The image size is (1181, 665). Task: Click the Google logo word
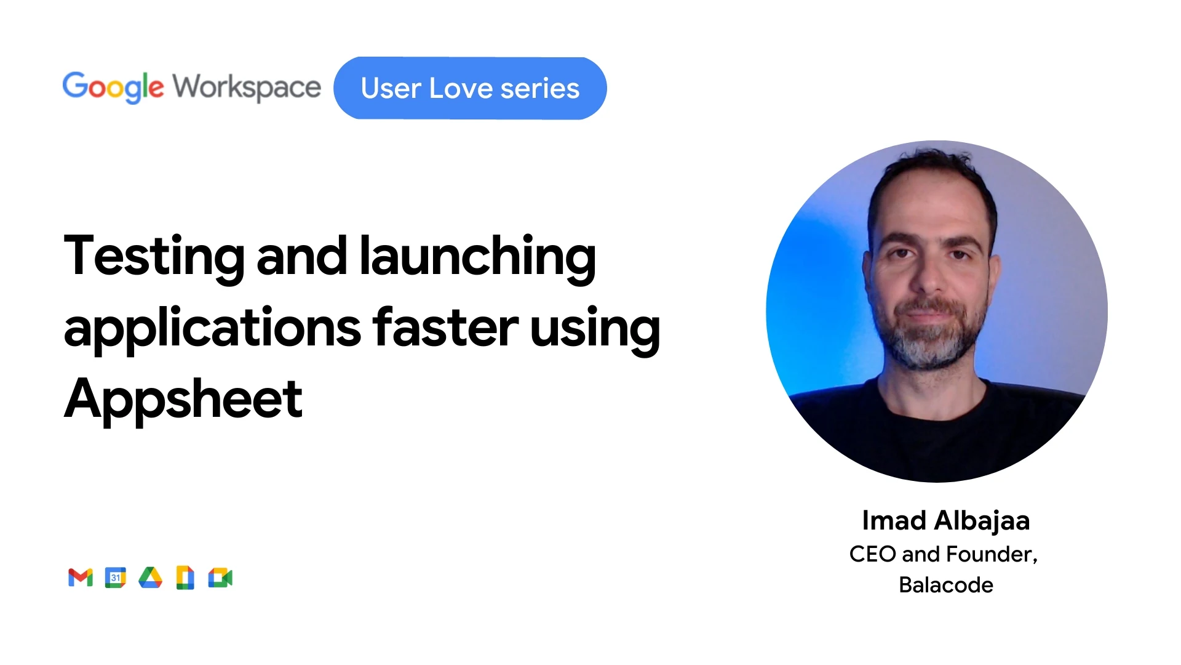coord(113,87)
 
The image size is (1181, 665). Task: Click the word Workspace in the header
coord(247,87)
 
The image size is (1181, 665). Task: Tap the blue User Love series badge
coord(470,88)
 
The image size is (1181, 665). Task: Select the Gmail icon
coord(81,578)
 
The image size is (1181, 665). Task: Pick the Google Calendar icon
coord(115,578)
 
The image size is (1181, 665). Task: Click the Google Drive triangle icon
coord(150,578)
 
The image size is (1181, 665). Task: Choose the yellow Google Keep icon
coord(185,578)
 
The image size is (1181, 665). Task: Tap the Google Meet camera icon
coord(220,578)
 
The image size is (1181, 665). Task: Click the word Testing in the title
coord(154,257)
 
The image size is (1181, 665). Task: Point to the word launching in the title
coord(478,257)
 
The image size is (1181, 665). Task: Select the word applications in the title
coord(213,329)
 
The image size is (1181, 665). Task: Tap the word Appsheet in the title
coord(183,400)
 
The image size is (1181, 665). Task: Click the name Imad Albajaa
coord(946,521)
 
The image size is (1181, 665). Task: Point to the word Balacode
coord(946,585)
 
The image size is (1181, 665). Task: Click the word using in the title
coord(595,330)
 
